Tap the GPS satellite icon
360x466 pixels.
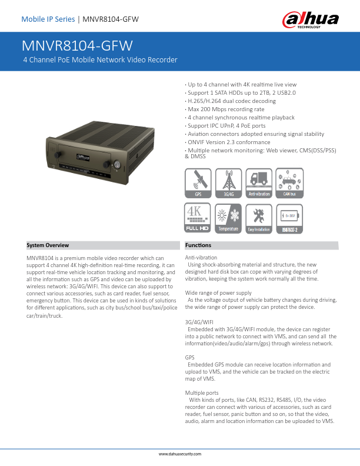(x=198, y=182)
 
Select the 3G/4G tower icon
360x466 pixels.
(x=228, y=182)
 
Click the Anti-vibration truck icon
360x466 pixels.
(x=259, y=182)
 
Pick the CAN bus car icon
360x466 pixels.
(x=289, y=182)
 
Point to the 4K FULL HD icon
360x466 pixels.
(x=198, y=218)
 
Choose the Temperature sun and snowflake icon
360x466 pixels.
(x=228, y=218)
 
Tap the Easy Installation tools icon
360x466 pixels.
(x=259, y=218)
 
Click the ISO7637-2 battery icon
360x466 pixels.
(x=289, y=218)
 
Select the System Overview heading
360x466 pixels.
(x=48, y=245)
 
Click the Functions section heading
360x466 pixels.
(x=198, y=245)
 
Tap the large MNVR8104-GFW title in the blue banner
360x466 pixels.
(x=77, y=46)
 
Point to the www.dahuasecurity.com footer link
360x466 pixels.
(x=180, y=454)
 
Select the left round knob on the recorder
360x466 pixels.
(x=54, y=159)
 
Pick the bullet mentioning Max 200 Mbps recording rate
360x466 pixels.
(x=225, y=109)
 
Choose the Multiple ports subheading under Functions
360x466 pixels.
(x=202, y=392)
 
